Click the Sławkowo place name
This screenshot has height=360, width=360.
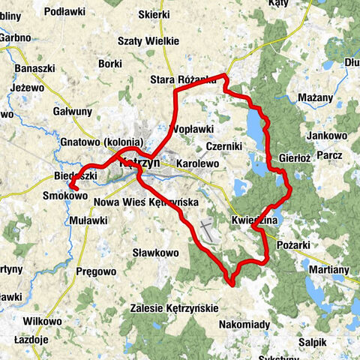(155, 253)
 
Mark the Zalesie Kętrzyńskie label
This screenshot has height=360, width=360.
(173, 308)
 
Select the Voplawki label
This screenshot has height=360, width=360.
(193, 129)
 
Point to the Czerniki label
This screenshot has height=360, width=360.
(222, 145)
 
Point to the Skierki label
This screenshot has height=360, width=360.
(174, 13)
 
